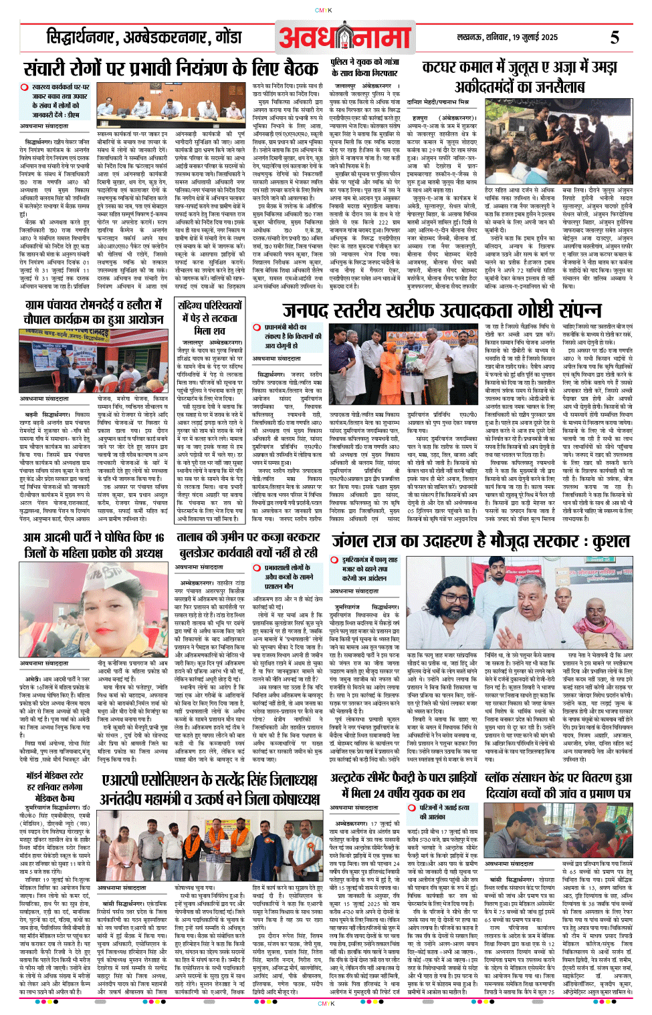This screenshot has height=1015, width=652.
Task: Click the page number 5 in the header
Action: (x=614, y=38)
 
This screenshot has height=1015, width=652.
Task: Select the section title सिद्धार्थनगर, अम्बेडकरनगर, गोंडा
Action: (x=144, y=38)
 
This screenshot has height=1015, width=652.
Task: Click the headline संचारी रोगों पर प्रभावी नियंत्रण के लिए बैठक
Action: (x=171, y=69)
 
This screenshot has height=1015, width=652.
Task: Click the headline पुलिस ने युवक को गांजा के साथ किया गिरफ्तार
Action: (x=365, y=67)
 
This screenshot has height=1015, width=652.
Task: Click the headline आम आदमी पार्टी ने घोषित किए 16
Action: (x=93, y=545)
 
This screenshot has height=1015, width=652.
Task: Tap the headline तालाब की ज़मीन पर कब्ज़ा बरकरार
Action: (x=248, y=545)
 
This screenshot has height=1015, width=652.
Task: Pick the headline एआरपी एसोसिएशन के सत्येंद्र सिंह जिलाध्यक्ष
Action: (x=209, y=789)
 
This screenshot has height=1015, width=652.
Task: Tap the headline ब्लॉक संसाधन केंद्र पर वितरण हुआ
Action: (x=558, y=786)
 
